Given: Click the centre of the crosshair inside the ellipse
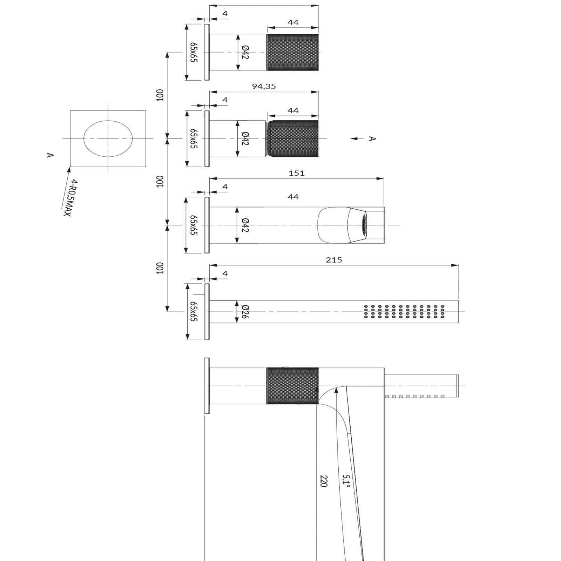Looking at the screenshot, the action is (108, 138).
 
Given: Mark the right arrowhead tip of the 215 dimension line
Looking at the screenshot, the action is (459, 265).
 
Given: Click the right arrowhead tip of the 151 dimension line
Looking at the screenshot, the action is (384, 178).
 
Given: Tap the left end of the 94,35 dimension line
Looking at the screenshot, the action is (210, 92).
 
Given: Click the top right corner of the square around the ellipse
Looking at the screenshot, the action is (146, 111).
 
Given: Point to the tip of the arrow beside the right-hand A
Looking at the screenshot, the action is (351, 139).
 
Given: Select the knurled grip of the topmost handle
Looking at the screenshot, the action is (293, 52).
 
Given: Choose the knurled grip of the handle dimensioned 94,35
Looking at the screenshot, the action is (293, 139).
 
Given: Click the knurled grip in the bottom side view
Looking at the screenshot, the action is (293, 386).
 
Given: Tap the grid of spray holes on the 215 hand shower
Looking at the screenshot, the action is (404, 312).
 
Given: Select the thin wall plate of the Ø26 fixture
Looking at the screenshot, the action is (207, 312).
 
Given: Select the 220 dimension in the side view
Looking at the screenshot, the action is (323, 481).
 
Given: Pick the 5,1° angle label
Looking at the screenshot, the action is (346, 481).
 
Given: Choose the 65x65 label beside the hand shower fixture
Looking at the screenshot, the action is (194, 311).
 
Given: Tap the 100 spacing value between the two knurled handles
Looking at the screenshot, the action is (160, 95).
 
